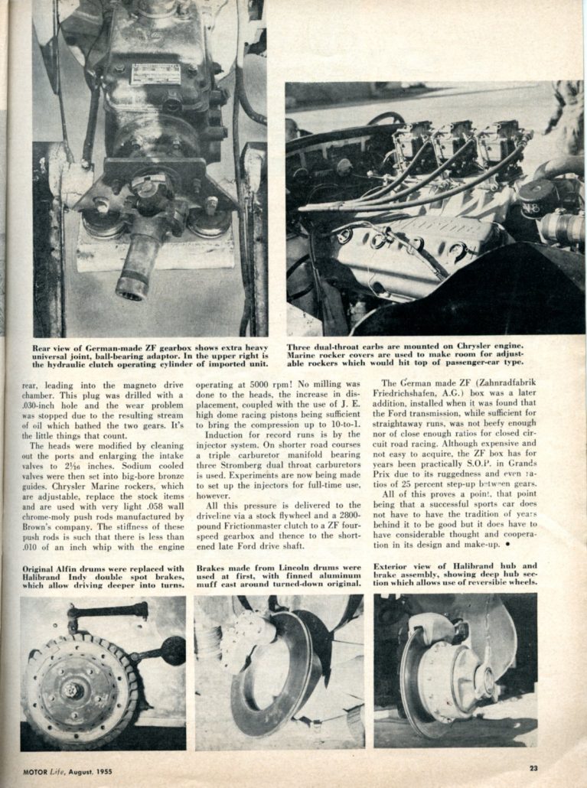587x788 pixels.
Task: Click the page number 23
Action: click(533, 768)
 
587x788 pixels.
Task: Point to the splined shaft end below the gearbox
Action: click(134, 275)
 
